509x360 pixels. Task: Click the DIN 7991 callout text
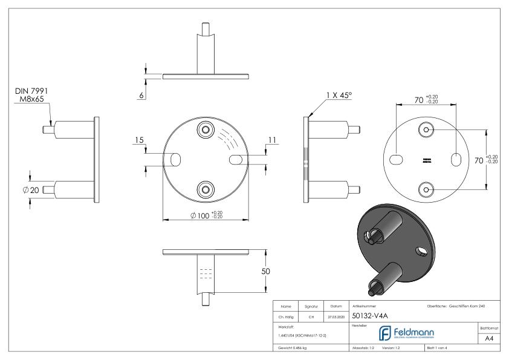pyautogui.click(x=31, y=91)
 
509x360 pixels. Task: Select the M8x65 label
pyautogui.click(x=31, y=99)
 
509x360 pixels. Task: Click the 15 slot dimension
pyautogui.click(x=138, y=141)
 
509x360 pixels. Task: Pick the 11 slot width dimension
pyautogui.click(x=272, y=140)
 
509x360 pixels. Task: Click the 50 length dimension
pyautogui.click(x=265, y=272)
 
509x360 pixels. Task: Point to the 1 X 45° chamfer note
pyautogui.click(x=338, y=95)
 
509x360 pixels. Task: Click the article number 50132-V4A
pyautogui.click(x=371, y=315)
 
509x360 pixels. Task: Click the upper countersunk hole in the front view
pyautogui.click(x=206, y=130)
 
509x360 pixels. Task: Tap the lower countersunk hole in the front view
pyautogui.click(x=206, y=190)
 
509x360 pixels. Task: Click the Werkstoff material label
pyautogui.click(x=286, y=326)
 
